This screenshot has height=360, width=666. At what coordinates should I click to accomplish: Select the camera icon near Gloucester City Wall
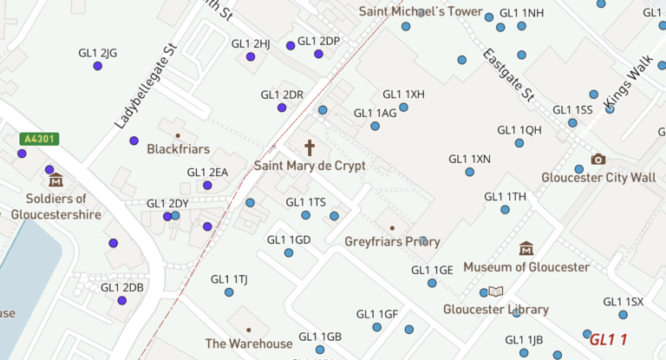tap(597, 159)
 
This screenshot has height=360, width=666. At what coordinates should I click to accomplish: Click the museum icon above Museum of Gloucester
tap(526, 249)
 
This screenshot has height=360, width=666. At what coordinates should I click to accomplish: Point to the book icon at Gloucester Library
tap(495, 292)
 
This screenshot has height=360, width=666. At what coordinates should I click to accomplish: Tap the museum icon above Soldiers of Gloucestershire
tap(56, 180)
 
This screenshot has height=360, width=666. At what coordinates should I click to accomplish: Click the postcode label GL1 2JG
tap(97, 53)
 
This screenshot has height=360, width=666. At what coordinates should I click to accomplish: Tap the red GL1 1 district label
tap(608, 340)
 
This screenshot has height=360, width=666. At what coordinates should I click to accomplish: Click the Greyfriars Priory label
tap(392, 242)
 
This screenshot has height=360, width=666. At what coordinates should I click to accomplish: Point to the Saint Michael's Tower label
tap(420, 12)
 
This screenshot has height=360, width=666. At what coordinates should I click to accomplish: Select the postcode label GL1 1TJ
tap(229, 279)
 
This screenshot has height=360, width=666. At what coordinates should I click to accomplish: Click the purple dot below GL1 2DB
tap(122, 301)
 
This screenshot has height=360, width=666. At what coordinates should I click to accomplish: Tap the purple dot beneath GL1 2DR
tap(282, 108)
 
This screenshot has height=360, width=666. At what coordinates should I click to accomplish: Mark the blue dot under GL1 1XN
tap(469, 172)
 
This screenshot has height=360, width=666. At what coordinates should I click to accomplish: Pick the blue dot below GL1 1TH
tap(505, 209)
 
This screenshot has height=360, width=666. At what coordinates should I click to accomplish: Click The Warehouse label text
tap(249, 344)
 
